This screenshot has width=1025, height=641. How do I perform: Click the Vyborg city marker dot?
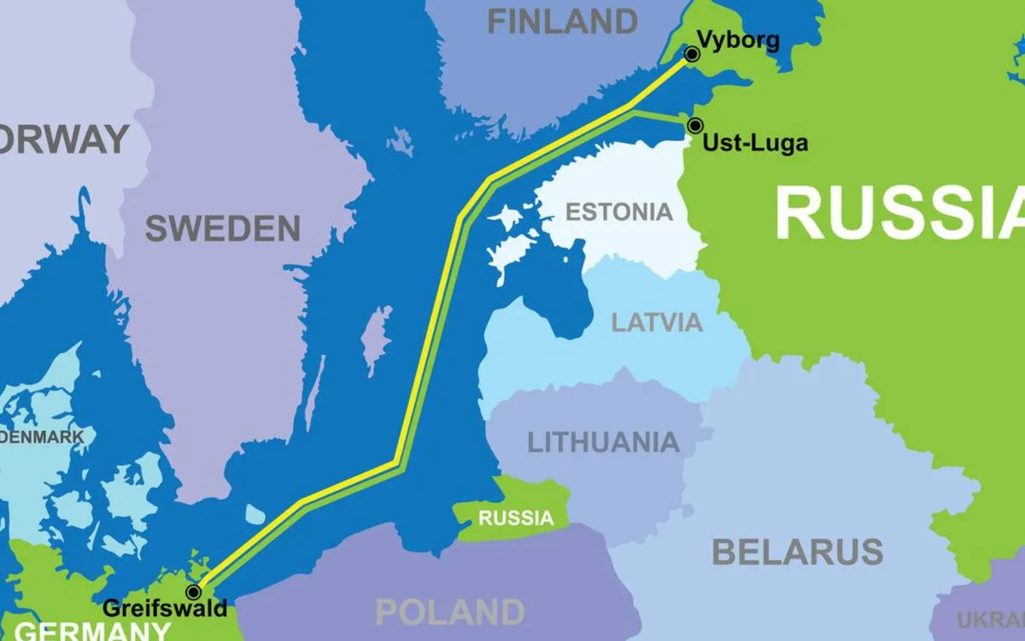(692, 55)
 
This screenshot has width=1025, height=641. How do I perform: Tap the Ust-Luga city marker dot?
(695, 126)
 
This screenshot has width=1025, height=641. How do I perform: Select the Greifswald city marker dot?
(194, 591)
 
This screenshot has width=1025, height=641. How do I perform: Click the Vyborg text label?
(738, 39)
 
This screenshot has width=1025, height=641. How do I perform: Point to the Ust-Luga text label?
(754, 144)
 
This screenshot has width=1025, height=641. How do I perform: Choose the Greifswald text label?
(165, 609)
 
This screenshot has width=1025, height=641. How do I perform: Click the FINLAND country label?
(562, 21)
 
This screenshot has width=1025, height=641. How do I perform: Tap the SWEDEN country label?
(222, 228)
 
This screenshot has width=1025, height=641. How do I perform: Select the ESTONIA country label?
(619, 212)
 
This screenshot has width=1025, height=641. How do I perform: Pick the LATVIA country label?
(657, 322)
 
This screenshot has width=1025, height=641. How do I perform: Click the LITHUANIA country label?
(603, 442)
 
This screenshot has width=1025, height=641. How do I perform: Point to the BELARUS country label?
(797, 552)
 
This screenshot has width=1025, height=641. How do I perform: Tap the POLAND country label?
(449, 612)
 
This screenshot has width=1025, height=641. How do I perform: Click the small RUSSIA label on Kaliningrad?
(515, 517)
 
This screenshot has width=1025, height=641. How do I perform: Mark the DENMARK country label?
(43, 438)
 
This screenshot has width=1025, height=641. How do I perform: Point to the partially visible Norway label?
(64, 139)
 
